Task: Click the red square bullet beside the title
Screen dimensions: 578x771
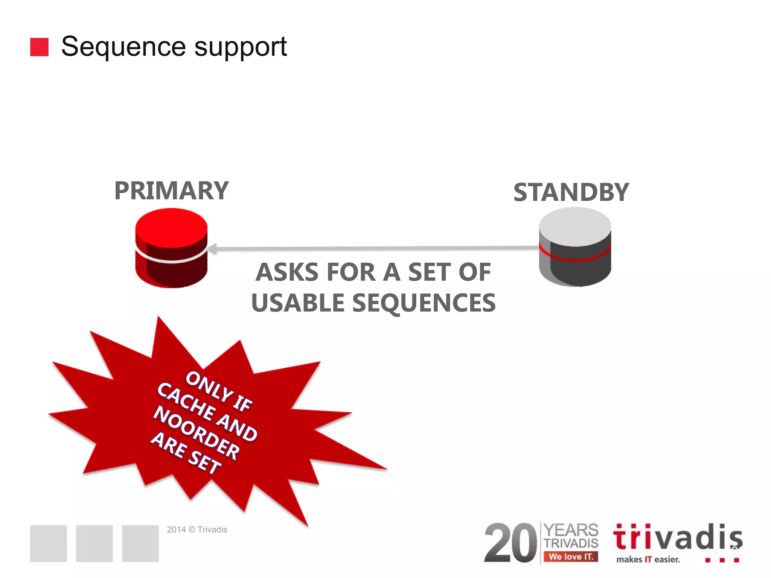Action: coord(39,47)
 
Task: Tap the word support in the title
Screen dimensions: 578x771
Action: coord(241,47)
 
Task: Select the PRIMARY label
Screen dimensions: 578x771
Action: coord(171,191)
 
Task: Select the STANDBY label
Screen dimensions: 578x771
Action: coord(571,192)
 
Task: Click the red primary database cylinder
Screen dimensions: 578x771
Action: coord(171,248)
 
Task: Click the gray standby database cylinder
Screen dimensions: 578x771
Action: coord(575,247)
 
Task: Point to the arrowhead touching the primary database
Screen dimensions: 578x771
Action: coord(212,248)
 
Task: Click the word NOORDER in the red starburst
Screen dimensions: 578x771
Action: coord(196,433)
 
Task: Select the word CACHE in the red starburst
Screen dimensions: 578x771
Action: coord(185,401)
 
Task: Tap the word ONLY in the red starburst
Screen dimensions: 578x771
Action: coord(209,386)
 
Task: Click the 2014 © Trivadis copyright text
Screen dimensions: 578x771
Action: coord(197,529)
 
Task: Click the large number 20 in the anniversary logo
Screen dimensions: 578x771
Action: coord(511,543)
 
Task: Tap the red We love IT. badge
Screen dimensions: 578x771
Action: coord(571,557)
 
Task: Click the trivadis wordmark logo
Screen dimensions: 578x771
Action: coord(677,537)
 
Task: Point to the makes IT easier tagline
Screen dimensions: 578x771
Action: coord(648,560)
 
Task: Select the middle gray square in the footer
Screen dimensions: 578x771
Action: coord(94,543)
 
